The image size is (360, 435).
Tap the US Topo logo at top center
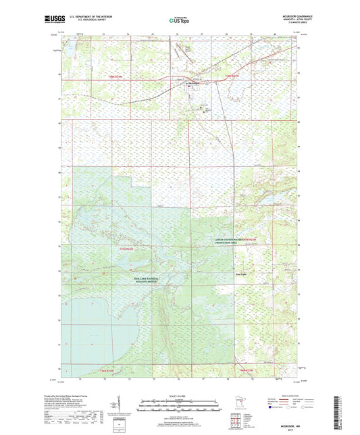(x=179, y=20)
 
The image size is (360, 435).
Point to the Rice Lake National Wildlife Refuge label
(x=141, y=278)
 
